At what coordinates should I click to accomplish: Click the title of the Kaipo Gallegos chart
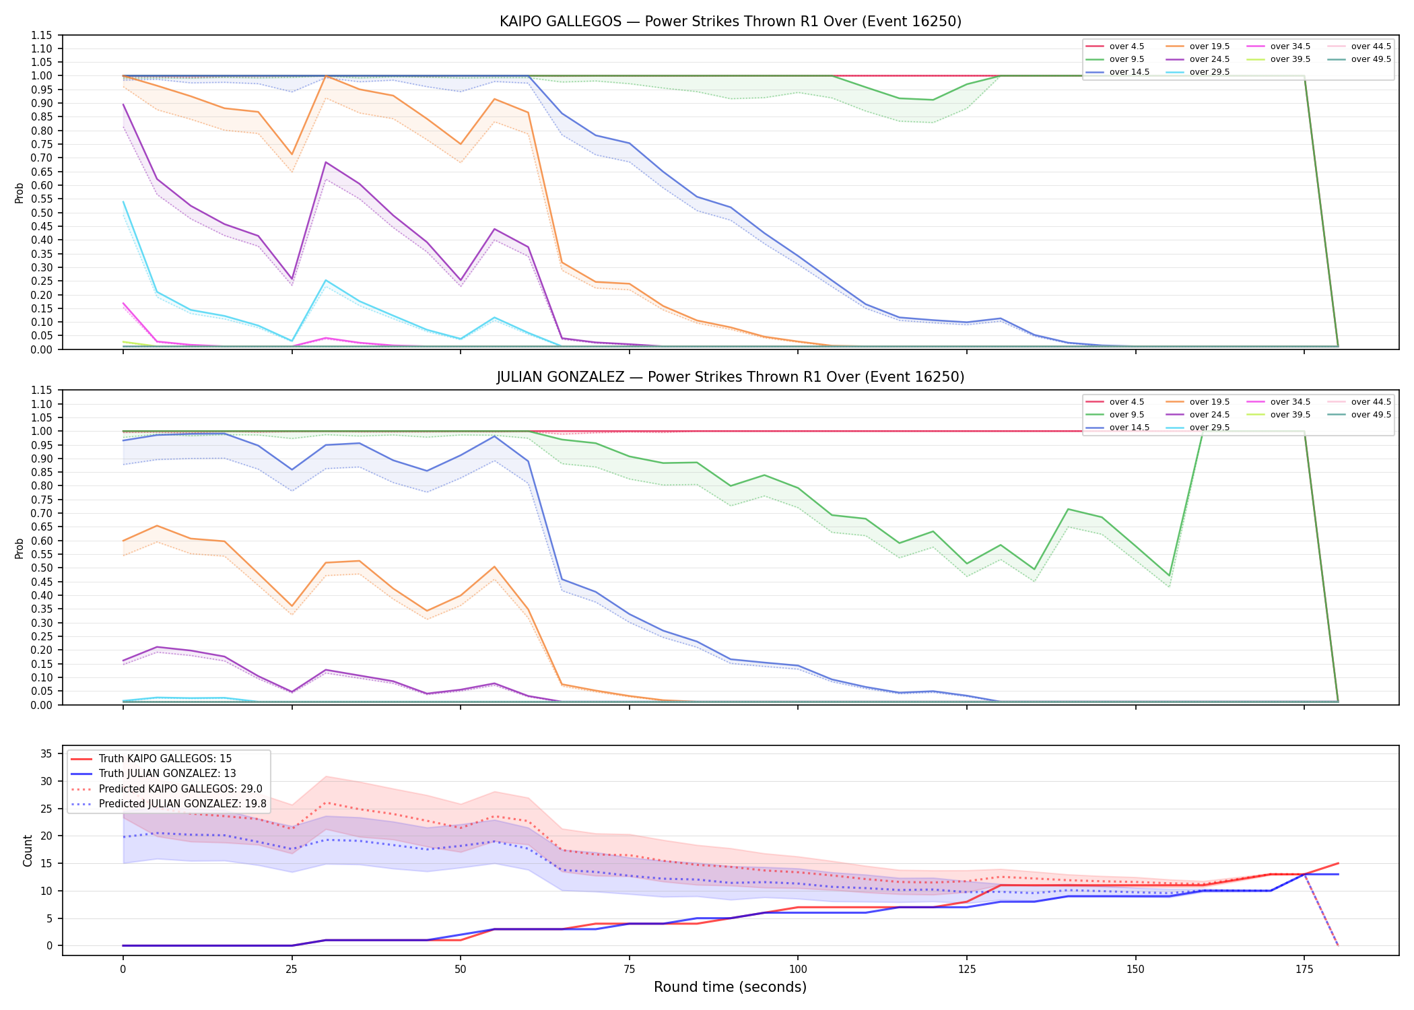[x=731, y=22]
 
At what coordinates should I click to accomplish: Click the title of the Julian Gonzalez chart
[x=731, y=377]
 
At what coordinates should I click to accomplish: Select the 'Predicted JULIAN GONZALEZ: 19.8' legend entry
[x=169, y=804]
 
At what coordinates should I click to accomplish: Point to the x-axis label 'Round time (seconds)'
[x=731, y=987]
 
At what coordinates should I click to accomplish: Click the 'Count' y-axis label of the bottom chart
[x=28, y=850]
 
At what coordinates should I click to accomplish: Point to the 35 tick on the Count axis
[x=46, y=754]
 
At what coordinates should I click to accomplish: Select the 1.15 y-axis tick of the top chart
[x=41, y=35]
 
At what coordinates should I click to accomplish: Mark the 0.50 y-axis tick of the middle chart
[x=41, y=568]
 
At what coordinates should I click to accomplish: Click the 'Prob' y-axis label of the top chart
[x=20, y=193]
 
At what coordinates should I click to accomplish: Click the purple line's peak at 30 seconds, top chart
[x=326, y=162]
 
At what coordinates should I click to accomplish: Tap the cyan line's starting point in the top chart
[x=123, y=201]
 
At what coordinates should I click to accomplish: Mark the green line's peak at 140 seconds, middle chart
[x=1069, y=509]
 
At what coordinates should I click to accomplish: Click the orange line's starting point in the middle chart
[x=123, y=541]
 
